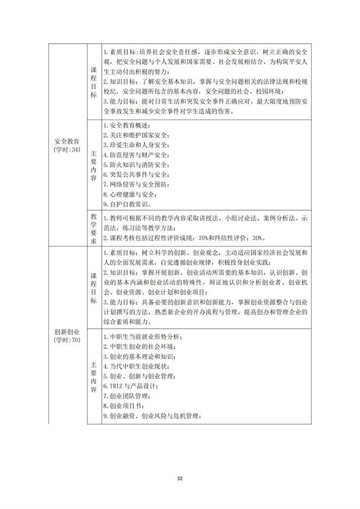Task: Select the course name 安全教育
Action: pyautogui.click(x=67, y=141)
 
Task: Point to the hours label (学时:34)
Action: pyautogui.click(x=67, y=150)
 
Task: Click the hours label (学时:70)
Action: pyautogui.click(x=67, y=340)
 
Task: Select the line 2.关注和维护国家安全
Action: pyautogui.click(x=136, y=136)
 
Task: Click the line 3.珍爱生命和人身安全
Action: pyautogui.click(x=136, y=145)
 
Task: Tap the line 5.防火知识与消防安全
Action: pyautogui.click(x=136, y=165)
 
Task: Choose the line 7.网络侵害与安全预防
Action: pyautogui.click(x=136, y=184)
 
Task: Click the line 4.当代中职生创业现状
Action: pyautogui.click(x=136, y=367)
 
